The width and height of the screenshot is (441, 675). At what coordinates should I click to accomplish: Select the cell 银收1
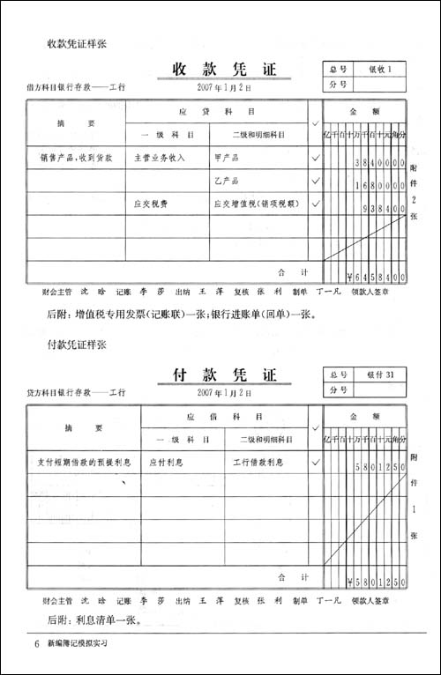pyautogui.click(x=385, y=69)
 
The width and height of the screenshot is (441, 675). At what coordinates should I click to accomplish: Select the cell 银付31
pyautogui.click(x=385, y=374)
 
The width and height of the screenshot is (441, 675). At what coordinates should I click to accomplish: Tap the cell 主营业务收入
pyautogui.click(x=159, y=159)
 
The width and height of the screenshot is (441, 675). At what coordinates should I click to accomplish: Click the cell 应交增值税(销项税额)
pyautogui.click(x=256, y=204)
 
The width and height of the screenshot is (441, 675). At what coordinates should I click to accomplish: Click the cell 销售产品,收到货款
pyautogui.click(x=76, y=159)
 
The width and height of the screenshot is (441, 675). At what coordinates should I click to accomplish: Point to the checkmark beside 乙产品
pyautogui.click(x=315, y=182)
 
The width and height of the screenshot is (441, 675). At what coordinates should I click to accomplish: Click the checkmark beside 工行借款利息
pyautogui.click(x=315, y=461)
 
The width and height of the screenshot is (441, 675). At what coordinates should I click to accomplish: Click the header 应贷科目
pyautogui.click(x=217, y=113)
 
